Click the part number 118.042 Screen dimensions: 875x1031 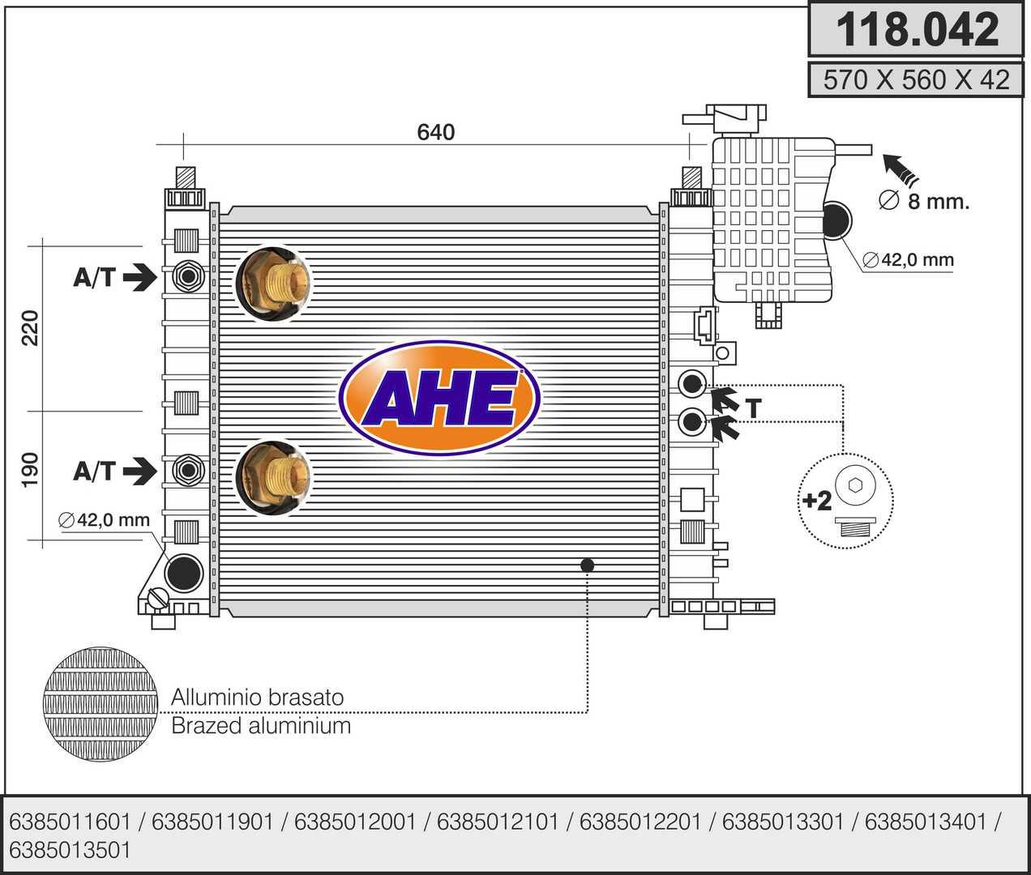(x=917, y=29)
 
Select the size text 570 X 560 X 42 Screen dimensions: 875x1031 (x=917, y=79)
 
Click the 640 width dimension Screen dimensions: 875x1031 (x=436, y=131)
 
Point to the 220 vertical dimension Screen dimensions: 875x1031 (x=30, y=327)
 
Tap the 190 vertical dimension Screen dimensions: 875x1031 (x=30, y=470)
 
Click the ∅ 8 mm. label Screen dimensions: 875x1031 (x=924, y=201)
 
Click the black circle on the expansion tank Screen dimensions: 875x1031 (x=838, y=220)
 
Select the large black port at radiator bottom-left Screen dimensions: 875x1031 (x=183, y=572)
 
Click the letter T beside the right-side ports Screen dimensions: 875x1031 (x=754, y=409)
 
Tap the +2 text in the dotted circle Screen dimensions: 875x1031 (x=817, y=501)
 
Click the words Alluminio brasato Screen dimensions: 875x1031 (x=257, y=697)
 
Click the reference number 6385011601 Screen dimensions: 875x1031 (x=70, y=822)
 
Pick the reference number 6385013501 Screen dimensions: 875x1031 (x=70, y=850)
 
